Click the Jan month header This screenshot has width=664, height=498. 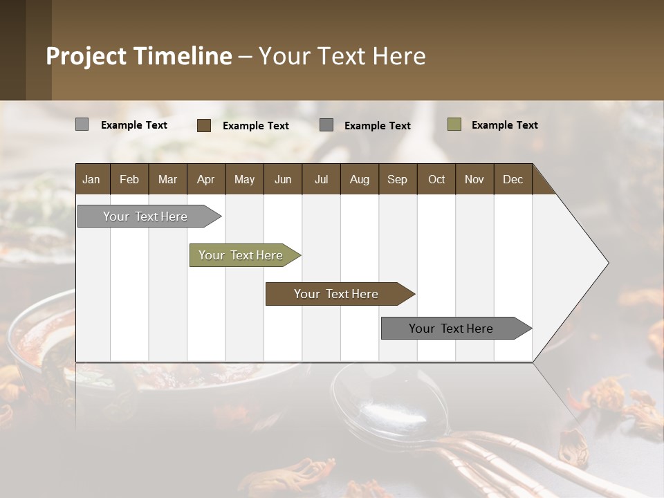(91, 180)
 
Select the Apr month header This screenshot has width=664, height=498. (205, 180)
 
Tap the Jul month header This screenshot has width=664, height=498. (321, 180)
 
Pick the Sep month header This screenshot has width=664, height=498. (397, 180)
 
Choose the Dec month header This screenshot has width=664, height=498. (513, 180)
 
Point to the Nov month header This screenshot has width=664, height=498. (474, 180)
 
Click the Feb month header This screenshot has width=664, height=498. (129, 180)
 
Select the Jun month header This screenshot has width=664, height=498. (283, 180)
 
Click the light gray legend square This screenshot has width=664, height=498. (82, 124)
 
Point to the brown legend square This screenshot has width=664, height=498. (203, 125)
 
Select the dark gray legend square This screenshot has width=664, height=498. (326, 125)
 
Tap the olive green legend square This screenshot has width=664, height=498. (454, 124)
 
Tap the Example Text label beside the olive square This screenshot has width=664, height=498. (504, 125)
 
